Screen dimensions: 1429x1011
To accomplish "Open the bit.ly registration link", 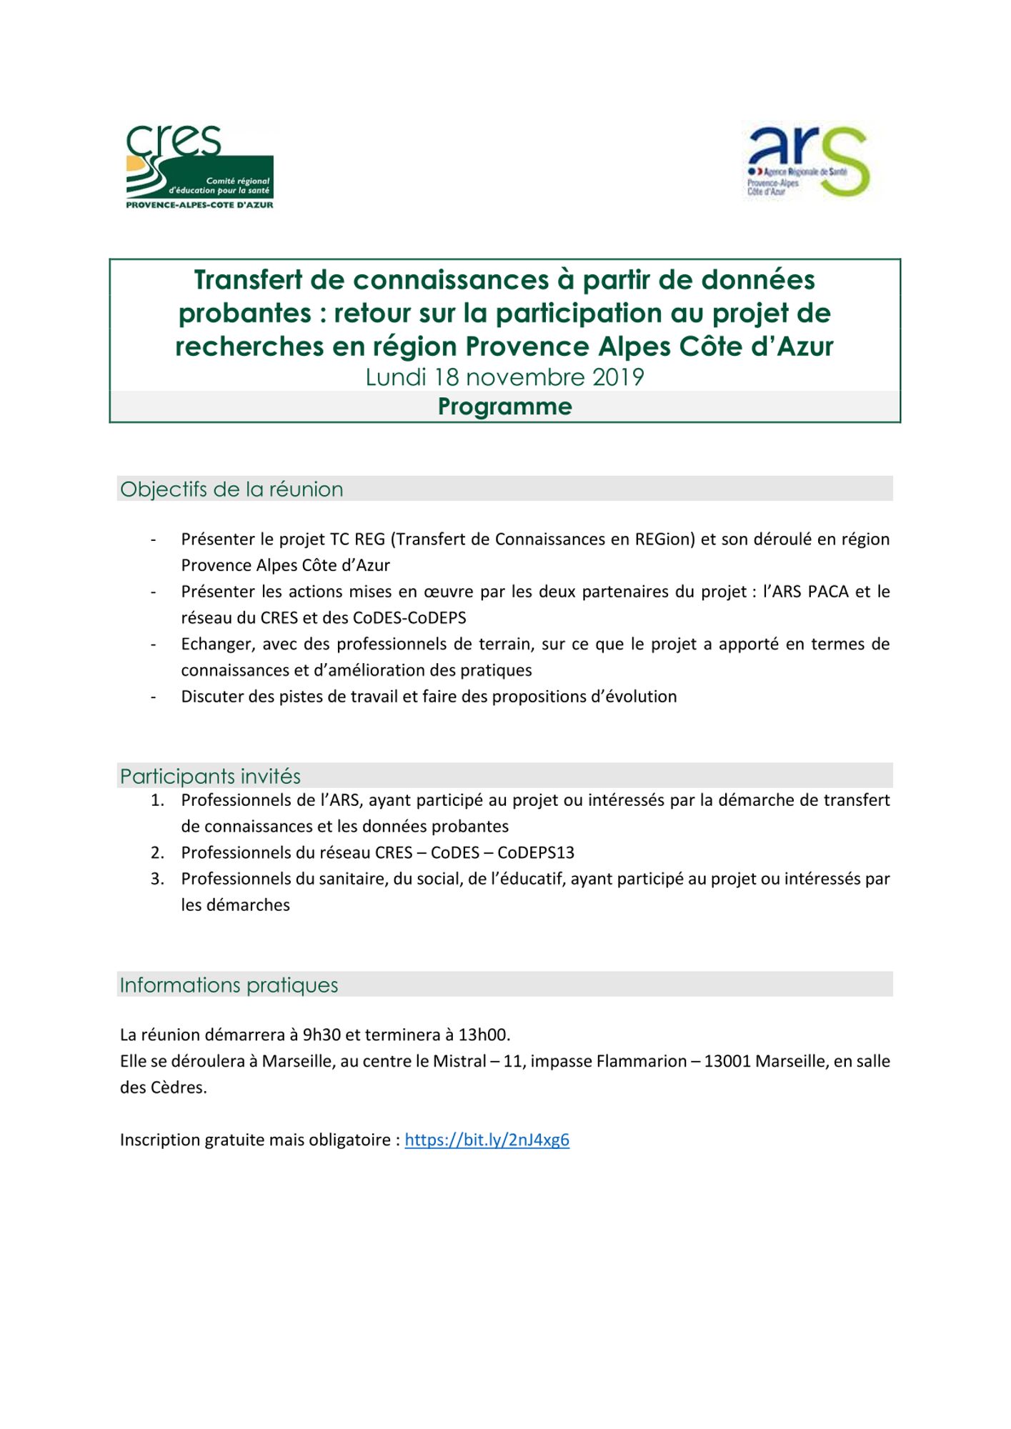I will pyautogui.click(x=487, y=1140).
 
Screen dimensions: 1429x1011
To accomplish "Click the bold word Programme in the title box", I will pyautogui.click(x=504, y=407).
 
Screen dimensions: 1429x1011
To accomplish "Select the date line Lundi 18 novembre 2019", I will pyautogui.click(x=504, y=377).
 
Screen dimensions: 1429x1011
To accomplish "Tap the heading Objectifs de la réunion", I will pyautogui.click(x=231, y=489).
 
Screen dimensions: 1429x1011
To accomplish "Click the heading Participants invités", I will pyautogui.click(x=210, y=776).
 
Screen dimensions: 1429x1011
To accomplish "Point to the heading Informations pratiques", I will pyautogui.click(x=229, y=985).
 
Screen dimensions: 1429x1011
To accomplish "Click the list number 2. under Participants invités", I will pyautogui.click(x=157, y=852).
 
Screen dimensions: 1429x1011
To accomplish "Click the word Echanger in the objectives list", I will pyautogui.click(x=216, y=644).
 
